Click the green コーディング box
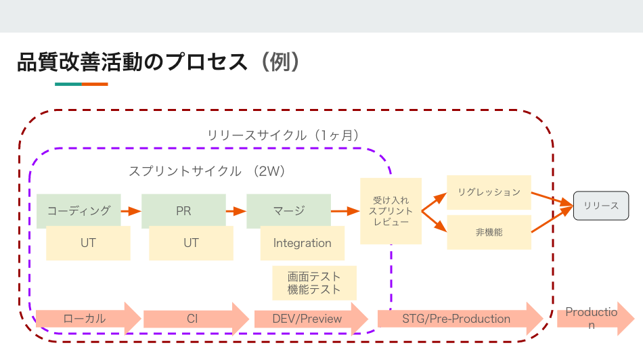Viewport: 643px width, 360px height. (x=79, y=210)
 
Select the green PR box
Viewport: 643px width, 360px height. (x=183, y=210)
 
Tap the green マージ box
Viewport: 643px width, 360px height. (x=288, y=210)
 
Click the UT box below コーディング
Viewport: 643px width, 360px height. (x=88, y=243)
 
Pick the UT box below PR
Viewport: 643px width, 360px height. (x=191, y=243)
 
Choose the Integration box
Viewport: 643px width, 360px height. (x=302, y=243)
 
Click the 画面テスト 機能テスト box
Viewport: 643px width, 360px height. (x=314, y=283)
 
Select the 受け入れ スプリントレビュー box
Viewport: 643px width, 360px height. (x=391, y=211)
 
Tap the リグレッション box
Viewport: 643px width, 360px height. (x=489, y=192)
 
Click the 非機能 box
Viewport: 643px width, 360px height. (x=489, y=231)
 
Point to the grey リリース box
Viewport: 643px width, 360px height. (x=601, y=206)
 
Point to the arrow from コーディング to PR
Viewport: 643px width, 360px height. (x=131, y=210)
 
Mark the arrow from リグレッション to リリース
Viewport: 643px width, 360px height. (x=552, y=198)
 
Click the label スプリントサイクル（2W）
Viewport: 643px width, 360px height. (x=207, y=171)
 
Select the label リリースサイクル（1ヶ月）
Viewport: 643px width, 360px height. (x=283, y=135)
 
